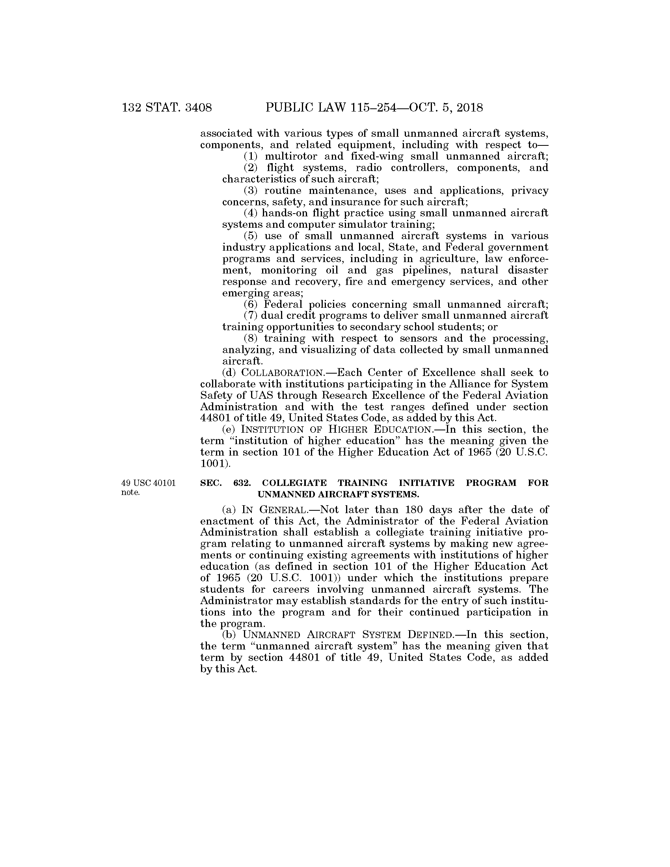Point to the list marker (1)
251,156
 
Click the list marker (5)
251,236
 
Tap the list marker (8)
251,339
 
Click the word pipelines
422,270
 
